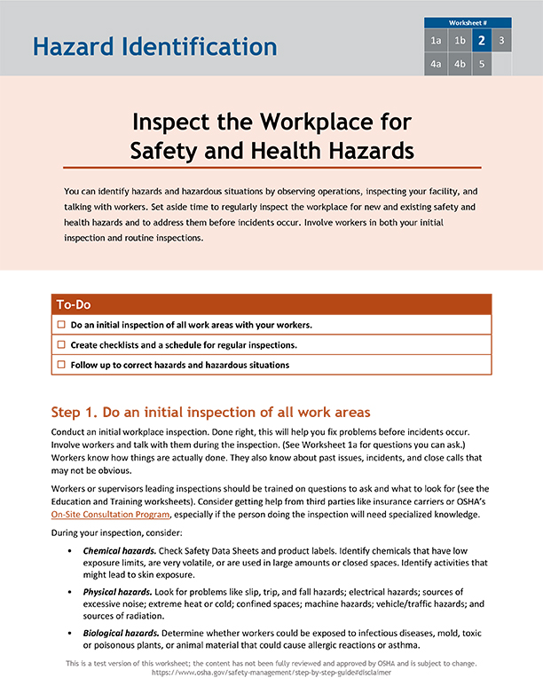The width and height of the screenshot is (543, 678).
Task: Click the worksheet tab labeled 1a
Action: [436, 41]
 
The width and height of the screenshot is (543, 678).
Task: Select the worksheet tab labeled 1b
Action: [459, 41]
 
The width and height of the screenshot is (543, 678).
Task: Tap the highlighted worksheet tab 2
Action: [481, 41]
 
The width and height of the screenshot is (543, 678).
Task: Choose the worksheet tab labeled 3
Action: [502, 41]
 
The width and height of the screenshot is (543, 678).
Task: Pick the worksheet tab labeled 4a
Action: [436, 64]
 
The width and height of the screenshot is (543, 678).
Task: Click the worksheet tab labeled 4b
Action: [459, 64]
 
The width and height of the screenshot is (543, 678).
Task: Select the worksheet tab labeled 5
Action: [481, 64]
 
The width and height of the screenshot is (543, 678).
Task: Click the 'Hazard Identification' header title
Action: [155, 46]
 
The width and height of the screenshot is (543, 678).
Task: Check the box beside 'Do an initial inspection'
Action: [61, 325]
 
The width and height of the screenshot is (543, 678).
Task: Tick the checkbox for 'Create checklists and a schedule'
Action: [61, 344]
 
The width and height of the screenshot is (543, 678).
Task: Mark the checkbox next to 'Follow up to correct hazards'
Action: [61, 365]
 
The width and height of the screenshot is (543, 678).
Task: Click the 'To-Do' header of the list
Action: [74, 304]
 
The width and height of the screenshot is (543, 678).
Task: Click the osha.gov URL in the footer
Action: [271, 673]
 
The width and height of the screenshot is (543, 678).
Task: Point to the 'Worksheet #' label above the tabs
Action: [468, 22]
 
